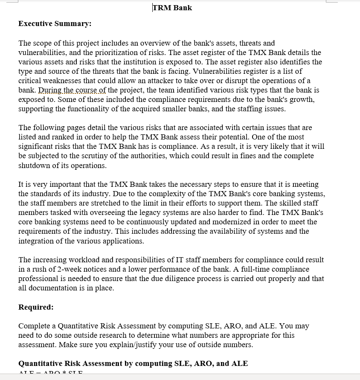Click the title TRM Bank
click(172, 8)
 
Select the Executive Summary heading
click(55, 23)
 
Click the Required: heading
click(36, 307)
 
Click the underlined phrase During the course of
click(72, 90)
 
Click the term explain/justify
click(128, 345)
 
